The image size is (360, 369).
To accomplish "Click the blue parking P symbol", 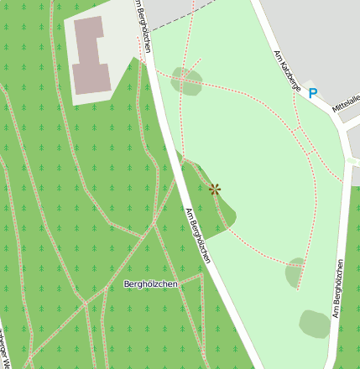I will pos(313,93).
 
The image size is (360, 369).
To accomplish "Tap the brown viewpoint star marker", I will pos(215,190).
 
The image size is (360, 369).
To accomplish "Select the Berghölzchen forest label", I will pos(150,284).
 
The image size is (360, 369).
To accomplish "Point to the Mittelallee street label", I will pos(347,103).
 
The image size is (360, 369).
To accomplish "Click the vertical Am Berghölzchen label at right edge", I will pos(337,288).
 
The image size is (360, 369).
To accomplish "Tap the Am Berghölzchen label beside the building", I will pos(143,25).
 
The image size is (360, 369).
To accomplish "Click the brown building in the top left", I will pos(89,55).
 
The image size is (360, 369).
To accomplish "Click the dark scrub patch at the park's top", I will pos(186,81).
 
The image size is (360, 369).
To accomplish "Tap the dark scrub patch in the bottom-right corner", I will pos(315,324).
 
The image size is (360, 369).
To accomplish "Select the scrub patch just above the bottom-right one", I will pos(295,273).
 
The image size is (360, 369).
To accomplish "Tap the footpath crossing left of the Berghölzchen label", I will pos(85,303).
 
